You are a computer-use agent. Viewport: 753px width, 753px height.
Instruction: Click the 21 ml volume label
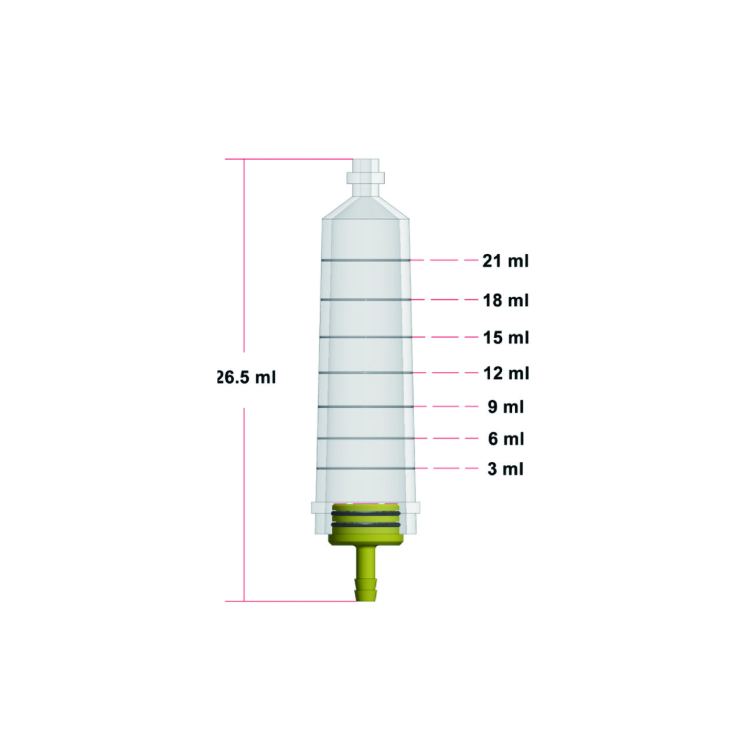[x=506, y=260]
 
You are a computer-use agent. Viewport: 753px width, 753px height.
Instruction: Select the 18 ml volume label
[x=506, y=300]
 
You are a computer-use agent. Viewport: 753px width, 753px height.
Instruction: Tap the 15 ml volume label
[x=506, y=338]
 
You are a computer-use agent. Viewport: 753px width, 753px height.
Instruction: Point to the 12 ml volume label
[x=506, y=373]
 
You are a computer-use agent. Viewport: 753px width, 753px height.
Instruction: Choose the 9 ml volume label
[x=506, y=407]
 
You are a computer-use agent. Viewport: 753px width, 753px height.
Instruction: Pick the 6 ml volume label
[x=506, y=438]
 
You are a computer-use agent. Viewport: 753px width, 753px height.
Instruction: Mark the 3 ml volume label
[x=506, y=469]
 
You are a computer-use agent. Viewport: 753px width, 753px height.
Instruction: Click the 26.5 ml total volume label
[x=246, y=377]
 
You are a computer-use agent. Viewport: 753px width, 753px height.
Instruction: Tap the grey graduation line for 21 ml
[x=365, y=260]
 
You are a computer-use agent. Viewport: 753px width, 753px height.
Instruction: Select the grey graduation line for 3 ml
[x=365, y=469]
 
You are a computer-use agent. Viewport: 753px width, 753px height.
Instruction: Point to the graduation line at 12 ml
[x=365, y=373]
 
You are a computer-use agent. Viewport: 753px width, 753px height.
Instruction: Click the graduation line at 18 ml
[x=365, y=300]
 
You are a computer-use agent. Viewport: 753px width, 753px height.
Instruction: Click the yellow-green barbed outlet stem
[x=365, y=574]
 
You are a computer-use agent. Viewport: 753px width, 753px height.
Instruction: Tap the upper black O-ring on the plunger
[x=365, y=514]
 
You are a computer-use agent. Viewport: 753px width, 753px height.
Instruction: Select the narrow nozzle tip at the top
[x=365, y=165]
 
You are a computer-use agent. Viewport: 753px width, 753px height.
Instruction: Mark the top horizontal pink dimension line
[x=289, y=159]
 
